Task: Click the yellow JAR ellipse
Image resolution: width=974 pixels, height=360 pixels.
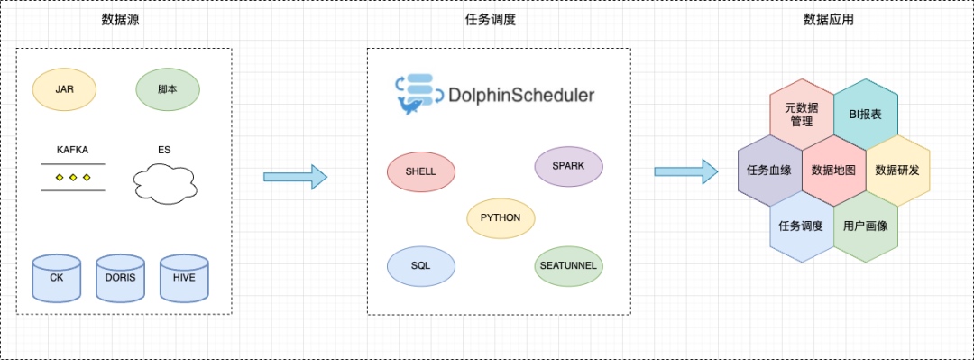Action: pyautogui.click(x=65, y=89)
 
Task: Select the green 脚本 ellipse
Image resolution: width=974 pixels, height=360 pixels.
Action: pyautogui.click(x=168, y=89)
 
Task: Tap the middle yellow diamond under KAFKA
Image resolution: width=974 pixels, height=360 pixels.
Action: pyautogui.click(x=73, y=178)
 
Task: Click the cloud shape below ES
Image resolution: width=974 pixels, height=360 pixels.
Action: pyautogui.click(x=165, y=183)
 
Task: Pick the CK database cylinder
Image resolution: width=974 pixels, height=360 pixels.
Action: pyautogui.click(x=57, y=278)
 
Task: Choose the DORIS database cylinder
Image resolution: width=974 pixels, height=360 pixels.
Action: pyautogui.click(x=121, y=278)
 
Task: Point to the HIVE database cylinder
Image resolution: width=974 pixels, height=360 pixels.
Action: pyautogui.click(x=185, y=278)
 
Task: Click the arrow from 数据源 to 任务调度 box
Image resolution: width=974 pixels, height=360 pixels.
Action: pyautogui.click(x=296, y=177)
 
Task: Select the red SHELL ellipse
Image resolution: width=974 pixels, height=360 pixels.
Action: pyautogui.click(x=420, y=171)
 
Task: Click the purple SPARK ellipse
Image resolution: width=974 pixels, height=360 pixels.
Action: pyautogui.click(x=568, y=167)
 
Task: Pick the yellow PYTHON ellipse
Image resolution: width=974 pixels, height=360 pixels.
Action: pyautogui.click(x=501, y=218)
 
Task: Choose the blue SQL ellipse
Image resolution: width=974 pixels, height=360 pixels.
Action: pyautogui.click(x=420, y=266)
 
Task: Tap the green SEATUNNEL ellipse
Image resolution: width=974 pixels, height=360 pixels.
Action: pyautogui.click(x=568, y=265)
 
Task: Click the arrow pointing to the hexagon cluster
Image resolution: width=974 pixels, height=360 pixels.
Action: pyautogui.click(x=686, y=171)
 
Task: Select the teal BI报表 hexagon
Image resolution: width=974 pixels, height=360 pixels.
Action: pyautogui.click(x=865, y=115)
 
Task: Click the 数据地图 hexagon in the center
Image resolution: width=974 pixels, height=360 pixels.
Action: pyautogui.click(x=833, y=171)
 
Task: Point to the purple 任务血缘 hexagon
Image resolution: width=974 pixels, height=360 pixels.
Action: pyautogui.click(x=770, y=171)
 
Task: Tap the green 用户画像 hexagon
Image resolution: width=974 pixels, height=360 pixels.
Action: pyautogui.click(x=865, y=226)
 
